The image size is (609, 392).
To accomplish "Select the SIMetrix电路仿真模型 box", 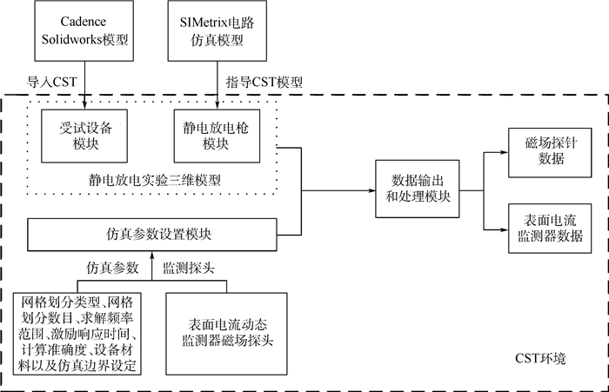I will click(216, 30).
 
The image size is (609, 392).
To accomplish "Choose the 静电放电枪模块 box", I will click(216, 132).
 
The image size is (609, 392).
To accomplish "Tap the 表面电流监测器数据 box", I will click(545, 226).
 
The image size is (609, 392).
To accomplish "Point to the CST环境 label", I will click(532, 357).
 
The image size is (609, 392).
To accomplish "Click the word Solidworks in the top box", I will click(77, 39).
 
